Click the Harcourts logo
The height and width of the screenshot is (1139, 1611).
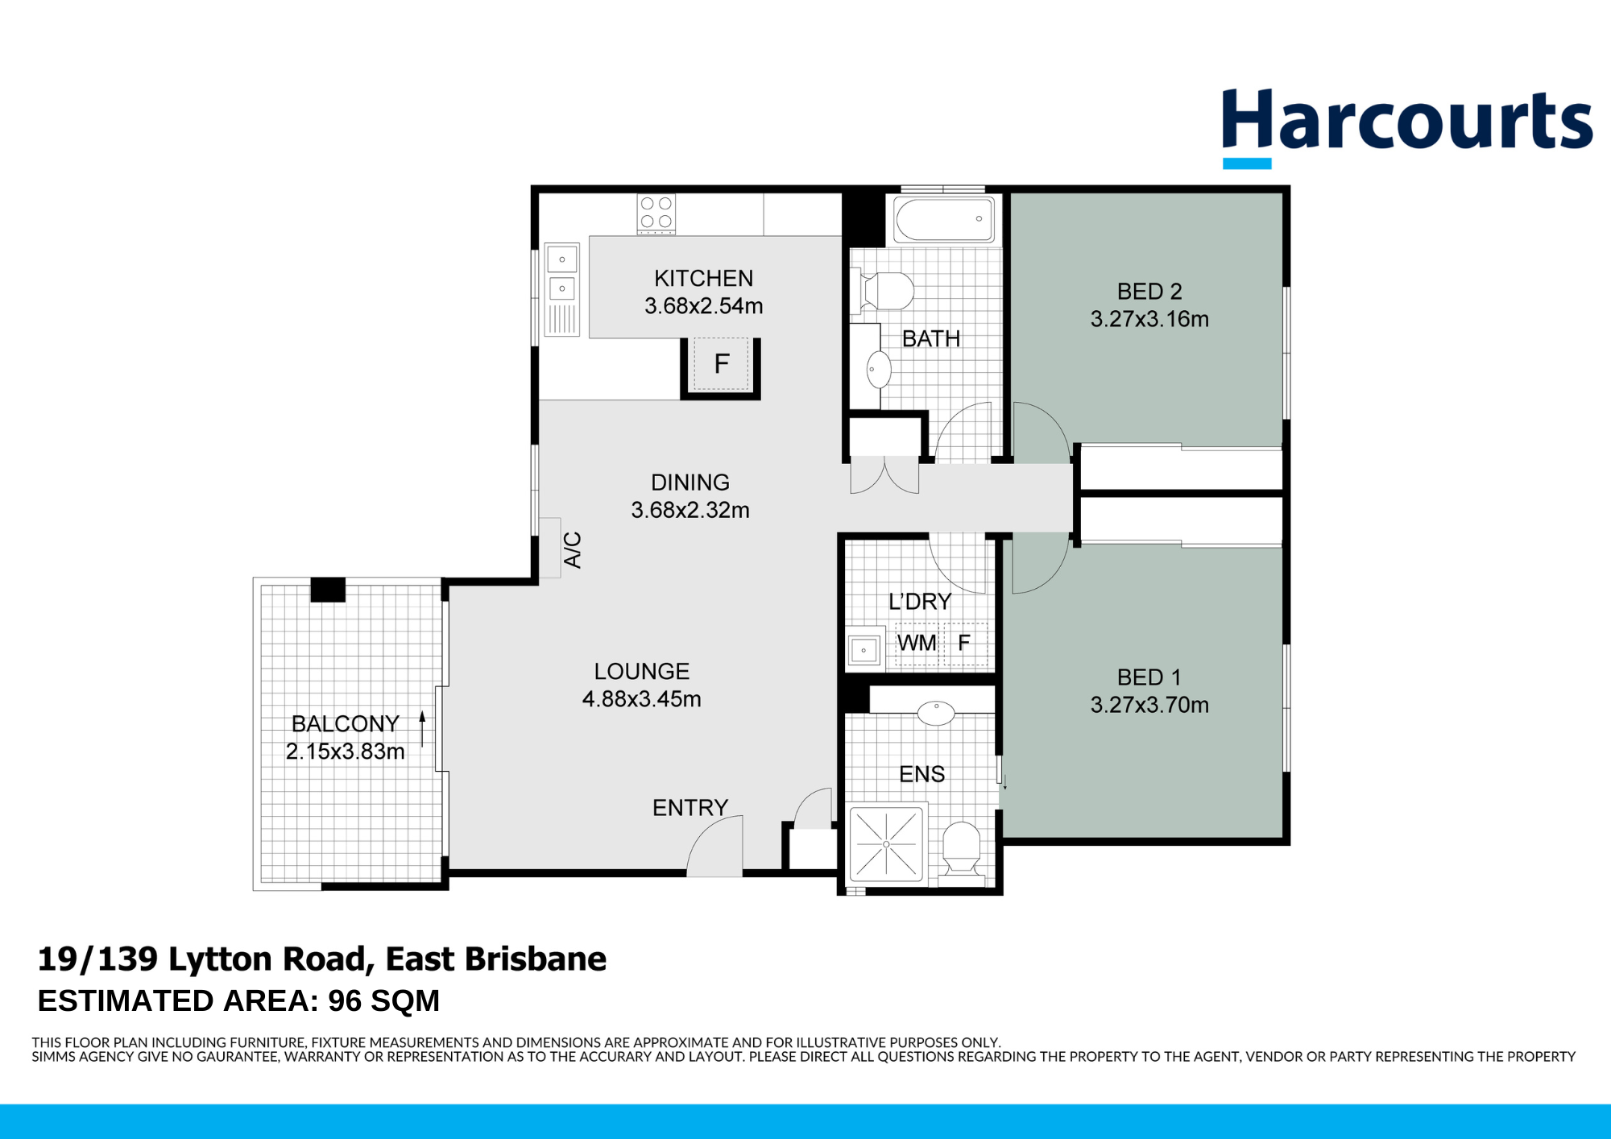[1406, 127]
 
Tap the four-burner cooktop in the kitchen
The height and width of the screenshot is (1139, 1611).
[656, 213]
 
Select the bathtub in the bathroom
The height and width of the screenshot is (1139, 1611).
[944, 218]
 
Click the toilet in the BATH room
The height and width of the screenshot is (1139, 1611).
[883, 291]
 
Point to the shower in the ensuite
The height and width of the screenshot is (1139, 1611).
[886, 843]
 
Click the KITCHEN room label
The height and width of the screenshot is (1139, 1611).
[703, 278]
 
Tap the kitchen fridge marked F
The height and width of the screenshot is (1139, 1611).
[722, 364]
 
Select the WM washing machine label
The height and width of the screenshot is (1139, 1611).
[917, 643]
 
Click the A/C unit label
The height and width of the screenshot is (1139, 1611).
[572, 550]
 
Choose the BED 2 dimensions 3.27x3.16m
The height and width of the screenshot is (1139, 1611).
[1149, 319]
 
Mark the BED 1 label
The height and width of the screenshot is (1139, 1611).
[1149, 677]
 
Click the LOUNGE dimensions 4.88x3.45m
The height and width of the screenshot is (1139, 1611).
[641, 699]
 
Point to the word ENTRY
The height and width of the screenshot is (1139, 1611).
[690, 807]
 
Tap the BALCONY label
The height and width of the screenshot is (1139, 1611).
[345, 723]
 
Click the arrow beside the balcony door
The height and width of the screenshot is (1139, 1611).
[422, 729]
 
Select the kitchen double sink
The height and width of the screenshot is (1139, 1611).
[562, 289]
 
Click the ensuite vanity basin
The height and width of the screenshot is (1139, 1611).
[936, 712]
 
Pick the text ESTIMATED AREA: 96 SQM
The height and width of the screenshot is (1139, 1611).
[238, 1000]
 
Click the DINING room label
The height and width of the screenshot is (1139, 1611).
[690, 483]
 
